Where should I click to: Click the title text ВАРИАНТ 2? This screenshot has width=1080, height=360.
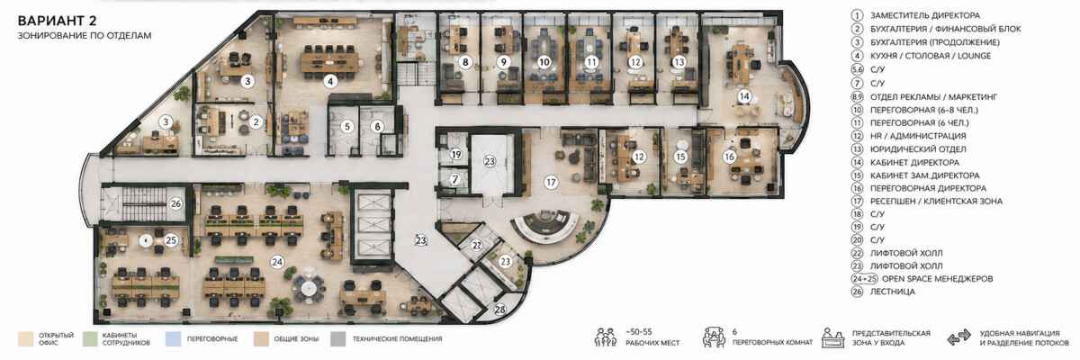click(57, 21)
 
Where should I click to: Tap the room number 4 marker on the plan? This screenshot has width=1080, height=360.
click(330, 81)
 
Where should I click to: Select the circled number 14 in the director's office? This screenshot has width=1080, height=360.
click(744, 96)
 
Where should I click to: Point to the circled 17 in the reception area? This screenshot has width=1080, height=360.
click(551, 183)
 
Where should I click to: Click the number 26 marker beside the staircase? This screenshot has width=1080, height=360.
click(175, 204)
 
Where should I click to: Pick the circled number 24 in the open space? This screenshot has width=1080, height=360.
click(277, 262)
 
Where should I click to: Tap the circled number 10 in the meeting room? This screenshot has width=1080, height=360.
click(544, 62)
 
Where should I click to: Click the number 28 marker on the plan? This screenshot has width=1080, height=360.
click(500, 309)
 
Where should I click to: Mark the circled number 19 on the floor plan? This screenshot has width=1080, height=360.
click(455, 154)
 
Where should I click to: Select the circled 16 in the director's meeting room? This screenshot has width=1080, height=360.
click(729, 157)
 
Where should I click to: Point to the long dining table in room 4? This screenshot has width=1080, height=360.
click(329, 62)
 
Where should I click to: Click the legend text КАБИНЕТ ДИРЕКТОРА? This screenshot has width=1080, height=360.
click(914, 162)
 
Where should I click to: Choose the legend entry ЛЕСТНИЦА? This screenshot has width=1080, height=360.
click(892, 292)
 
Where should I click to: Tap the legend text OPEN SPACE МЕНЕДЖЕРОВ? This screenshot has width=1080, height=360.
click(937, 279)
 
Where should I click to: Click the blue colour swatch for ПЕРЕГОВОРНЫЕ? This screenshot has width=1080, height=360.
click(172, 338)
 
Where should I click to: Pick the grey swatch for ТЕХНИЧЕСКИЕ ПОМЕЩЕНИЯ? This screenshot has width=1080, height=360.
click(338, 338)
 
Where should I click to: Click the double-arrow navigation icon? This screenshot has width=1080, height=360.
click(958, 337)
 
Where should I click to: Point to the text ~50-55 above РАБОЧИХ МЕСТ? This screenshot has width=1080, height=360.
click(638, 332)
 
